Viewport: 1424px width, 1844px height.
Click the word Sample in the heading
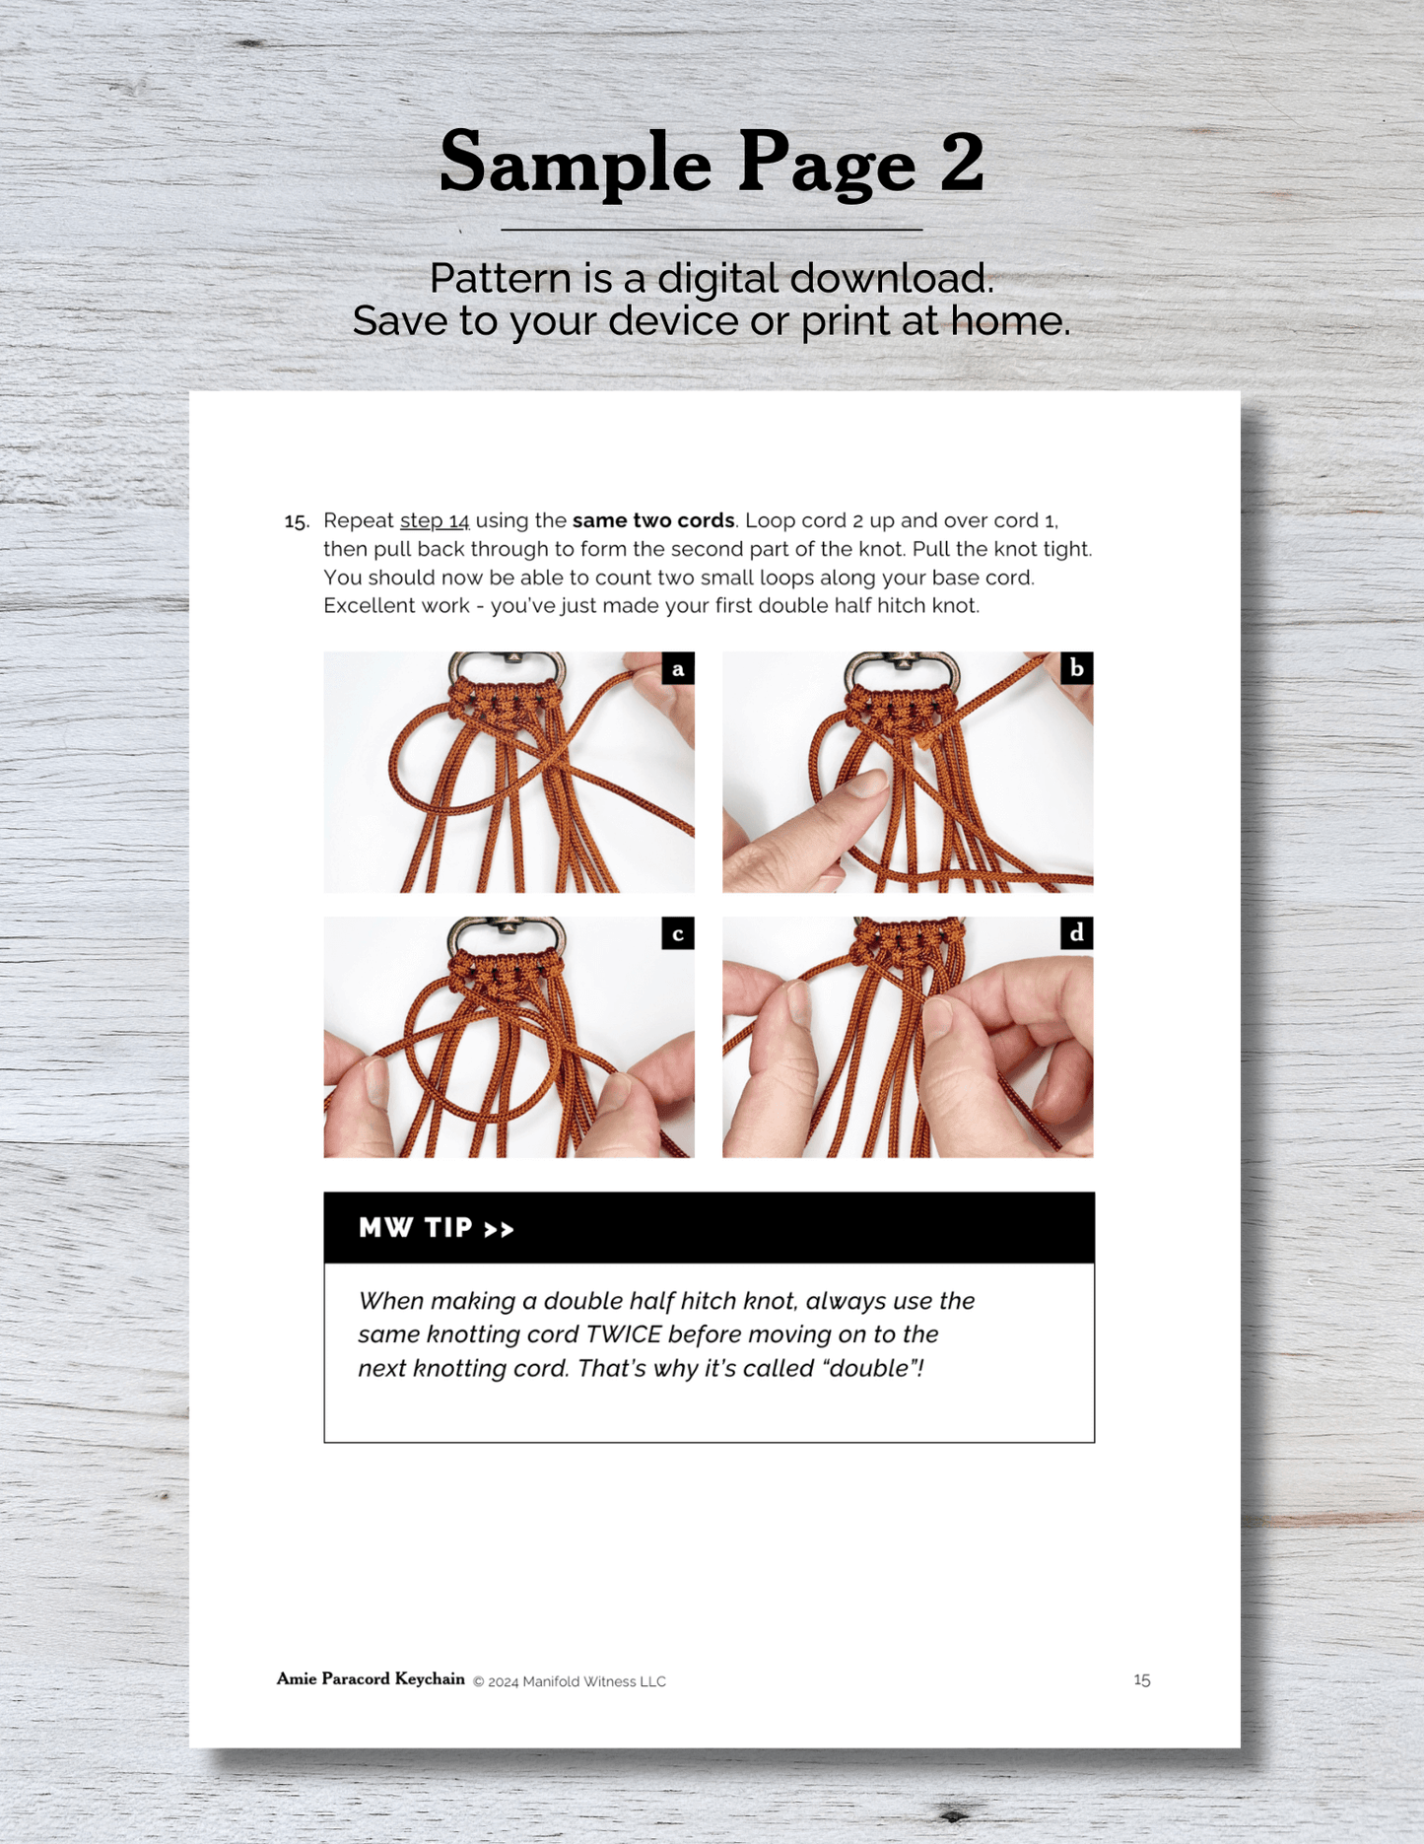tap(576, 164)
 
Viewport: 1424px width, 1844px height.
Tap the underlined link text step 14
tap(435, 520)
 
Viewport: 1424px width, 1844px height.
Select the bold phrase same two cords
tap(653, 520)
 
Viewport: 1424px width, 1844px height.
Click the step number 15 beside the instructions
tap(297, 521)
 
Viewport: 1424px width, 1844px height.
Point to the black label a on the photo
tap(678, 668)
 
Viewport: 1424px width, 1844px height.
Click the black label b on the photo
tap(1077, 668)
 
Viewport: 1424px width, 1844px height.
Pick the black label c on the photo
tap(678, 933)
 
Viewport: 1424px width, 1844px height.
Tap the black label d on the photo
tap(1077, 932)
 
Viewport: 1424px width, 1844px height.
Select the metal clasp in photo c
tap(507, 935)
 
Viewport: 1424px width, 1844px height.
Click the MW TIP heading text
tap(437, 1228)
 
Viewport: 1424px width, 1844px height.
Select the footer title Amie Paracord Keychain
tap(371, 1678)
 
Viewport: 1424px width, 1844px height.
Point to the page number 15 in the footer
tap(1142, 1679)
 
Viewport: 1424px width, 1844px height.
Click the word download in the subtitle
tap(892, 279)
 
